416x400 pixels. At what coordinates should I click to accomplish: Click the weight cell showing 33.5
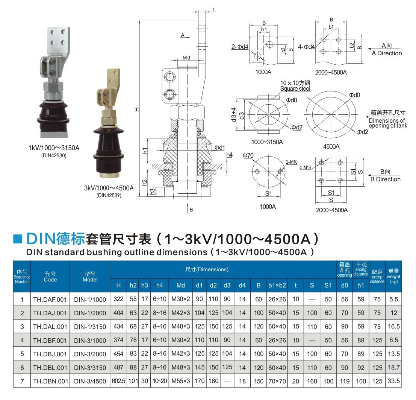[x=393, y=381]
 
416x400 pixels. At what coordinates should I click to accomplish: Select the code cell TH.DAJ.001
[x=50, y=313]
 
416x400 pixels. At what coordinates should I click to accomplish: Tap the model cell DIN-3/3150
[x=90, y=368]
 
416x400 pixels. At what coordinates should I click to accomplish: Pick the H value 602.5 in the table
[x=118, y=381]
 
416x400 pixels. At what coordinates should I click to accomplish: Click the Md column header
[x=181, y=285]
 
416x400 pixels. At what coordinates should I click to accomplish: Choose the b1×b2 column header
[x=277, y=285]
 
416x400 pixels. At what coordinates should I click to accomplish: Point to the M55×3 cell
[x=181, y=381]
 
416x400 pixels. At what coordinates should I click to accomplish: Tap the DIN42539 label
[x=109, y=195]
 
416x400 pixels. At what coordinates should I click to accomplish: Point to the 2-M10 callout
[x=291, y=162]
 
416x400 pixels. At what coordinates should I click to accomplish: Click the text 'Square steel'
[x=295, y=89]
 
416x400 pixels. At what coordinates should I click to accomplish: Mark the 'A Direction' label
[x=387, y=53]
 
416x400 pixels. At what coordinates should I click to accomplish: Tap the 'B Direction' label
[x=386, y=179]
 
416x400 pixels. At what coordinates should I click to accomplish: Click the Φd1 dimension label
[x=220, y=147]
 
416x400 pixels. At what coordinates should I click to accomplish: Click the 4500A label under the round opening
[x=331, y=146]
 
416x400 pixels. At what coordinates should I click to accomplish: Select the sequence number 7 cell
[x=22, y=381]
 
